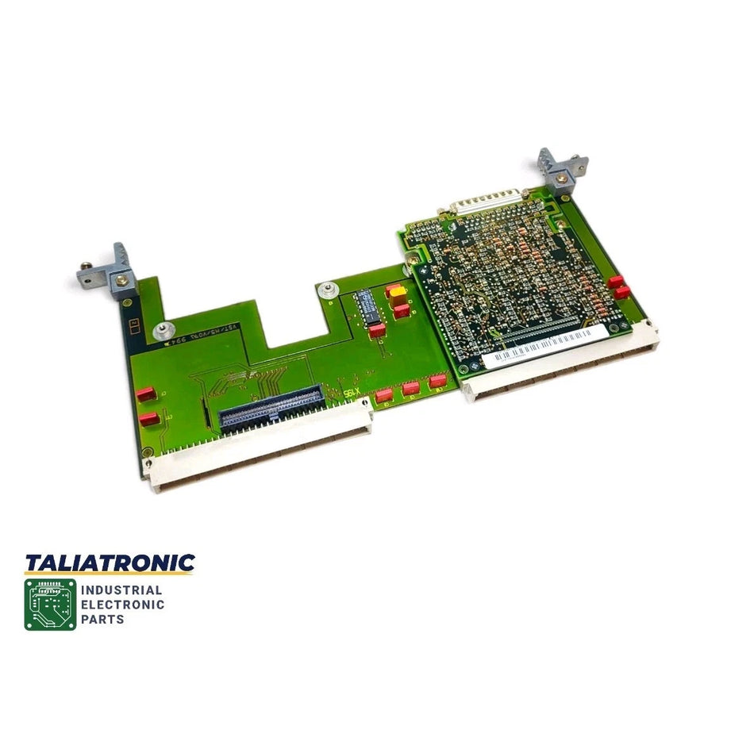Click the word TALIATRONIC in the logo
click(x=110, y=563)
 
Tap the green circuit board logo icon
click(x=50, y=605)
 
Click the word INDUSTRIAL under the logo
click(x=122, y=590)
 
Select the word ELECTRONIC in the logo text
click(x=124, y=605)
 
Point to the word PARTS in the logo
click(x=103, y=619)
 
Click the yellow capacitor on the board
click(x=394, y=291)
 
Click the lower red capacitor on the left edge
click(x=147, y=420)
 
